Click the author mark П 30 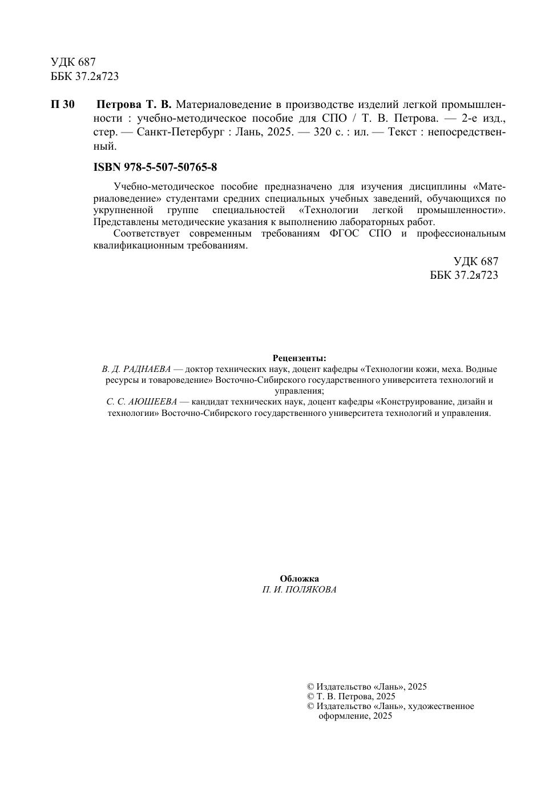point(62,105)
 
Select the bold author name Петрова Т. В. point(134,105)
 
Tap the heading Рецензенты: point(299,358)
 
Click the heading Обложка point(299,579)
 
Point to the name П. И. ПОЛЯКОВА point(299,590)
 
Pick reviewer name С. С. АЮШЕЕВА point(142,402)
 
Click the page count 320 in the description point(315,132)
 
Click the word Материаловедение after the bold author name point(221,105)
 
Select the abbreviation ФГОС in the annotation point(344,234)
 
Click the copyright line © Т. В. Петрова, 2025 point(351,696)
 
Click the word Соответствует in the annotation point(146,234)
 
